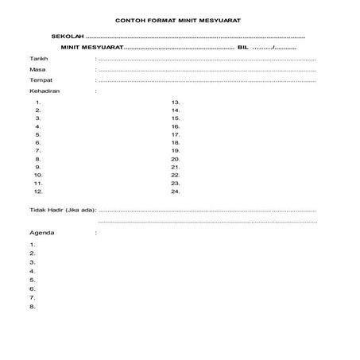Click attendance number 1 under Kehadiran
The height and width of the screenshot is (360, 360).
tap(38, 103)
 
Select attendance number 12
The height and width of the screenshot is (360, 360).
tap(37, 192)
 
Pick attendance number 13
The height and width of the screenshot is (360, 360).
tap(176, 103)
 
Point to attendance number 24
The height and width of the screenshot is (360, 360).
tap(176, 192)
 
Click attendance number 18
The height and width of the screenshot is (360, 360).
tap(176, 143)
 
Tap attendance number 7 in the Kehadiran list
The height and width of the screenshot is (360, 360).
tap(38, 151)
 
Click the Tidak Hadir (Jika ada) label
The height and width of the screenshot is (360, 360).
tap(62, 211)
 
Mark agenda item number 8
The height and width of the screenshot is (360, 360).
tap(32, 307)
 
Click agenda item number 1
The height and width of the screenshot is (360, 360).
tap(32, 245)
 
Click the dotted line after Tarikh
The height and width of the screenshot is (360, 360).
tap(207, 60)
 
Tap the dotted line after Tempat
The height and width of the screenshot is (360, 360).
tap(207, 81)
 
